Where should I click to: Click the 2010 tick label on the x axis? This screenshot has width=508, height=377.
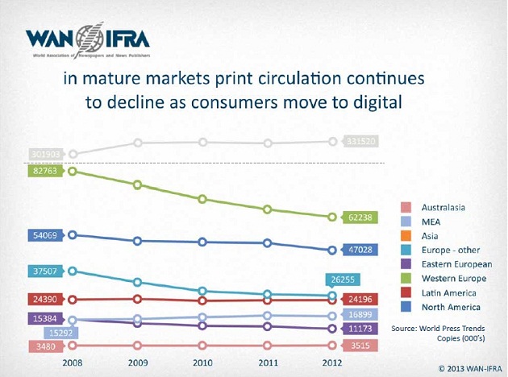pyautogui.click(x=202, y=362)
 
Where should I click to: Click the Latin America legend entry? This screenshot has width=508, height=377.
pyautogui.click(x=450, y=292)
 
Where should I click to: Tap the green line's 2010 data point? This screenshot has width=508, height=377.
pyautogui.click(x=202, y=199)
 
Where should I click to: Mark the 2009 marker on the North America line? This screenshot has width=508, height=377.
pyautogui.click(x=138, y=241)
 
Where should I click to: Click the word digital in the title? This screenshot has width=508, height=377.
pyautogui.click(x=373, y=103)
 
